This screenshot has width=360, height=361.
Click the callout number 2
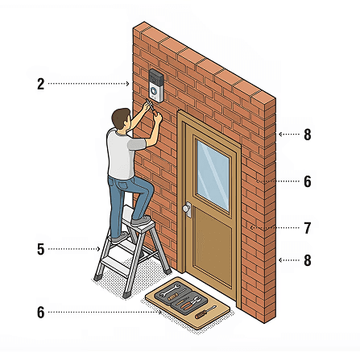point(40,84)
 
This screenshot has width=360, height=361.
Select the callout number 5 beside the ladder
point(40,249)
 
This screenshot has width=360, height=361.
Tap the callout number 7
point(308,228)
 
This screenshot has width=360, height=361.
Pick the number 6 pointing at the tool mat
point(40,313)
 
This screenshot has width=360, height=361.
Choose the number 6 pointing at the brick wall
point(308,181)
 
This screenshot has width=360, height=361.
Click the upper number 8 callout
point(308,135)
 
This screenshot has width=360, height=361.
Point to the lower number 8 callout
point(308,260)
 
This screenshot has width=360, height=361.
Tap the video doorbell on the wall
point(156,85)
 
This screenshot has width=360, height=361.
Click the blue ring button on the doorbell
point(154,90)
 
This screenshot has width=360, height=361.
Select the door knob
point(186,209)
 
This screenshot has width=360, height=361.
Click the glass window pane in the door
point(213,175)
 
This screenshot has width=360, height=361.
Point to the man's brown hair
point(120,117)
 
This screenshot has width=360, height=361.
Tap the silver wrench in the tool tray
point(170,290)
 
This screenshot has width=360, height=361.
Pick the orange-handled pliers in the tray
point(190,303)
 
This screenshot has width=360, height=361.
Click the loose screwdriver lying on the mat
point(205,312)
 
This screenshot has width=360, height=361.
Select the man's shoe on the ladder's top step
point(140,221)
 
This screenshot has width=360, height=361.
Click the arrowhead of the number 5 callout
point(98,249)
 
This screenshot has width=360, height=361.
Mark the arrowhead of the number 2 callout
point(128,84)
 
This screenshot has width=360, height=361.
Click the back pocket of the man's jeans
point(124,185)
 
